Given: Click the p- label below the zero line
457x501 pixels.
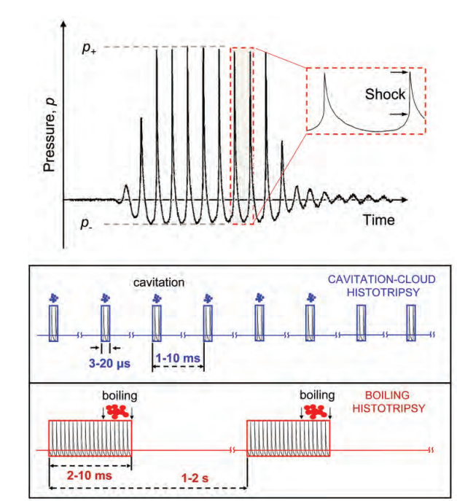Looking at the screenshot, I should click(x=87, y=224).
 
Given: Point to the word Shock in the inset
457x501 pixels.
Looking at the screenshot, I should click(x=385, y=94).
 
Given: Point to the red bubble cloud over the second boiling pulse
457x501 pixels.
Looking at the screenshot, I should click(x=316, y=412).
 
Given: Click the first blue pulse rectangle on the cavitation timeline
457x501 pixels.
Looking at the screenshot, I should click(x=54, y=323).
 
